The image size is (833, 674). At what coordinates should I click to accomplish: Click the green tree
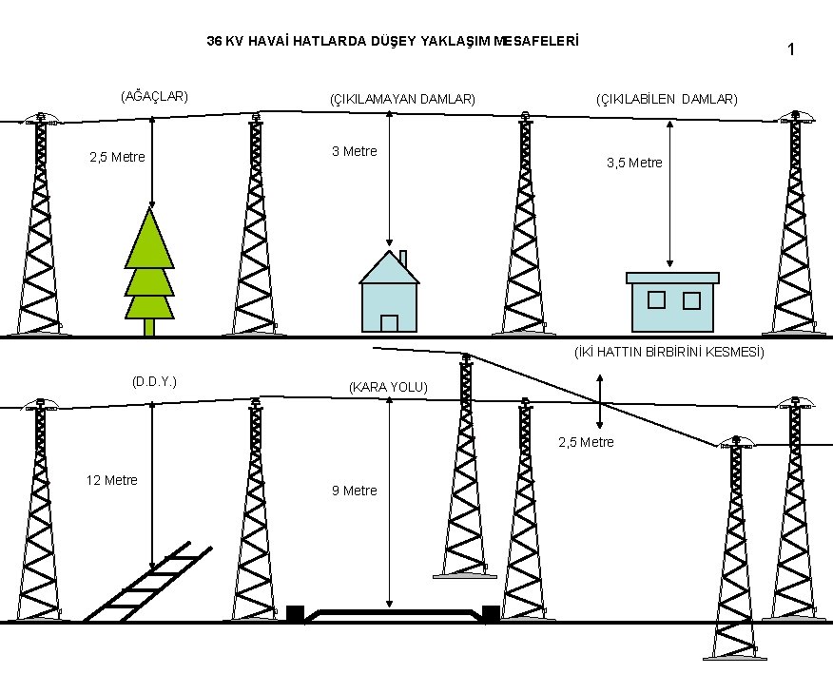coord(150,266)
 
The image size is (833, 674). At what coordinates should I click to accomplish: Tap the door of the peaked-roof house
coord(389,323)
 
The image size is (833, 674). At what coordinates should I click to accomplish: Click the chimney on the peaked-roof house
coord(403,260)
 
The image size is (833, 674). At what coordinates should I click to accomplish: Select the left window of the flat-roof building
coord(656,300)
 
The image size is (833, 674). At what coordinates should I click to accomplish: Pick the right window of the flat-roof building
coord(691,300)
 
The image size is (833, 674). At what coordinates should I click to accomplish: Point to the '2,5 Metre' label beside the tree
coord(117,157)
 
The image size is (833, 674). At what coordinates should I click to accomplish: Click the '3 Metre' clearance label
coord(354,151)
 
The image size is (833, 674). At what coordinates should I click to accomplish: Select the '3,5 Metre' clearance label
coord(634,163)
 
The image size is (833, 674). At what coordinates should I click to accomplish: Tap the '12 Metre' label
coord(111,480)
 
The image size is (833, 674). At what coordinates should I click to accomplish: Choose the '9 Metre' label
coord(354,491)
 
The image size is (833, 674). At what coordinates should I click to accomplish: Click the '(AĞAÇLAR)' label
coord(154,96)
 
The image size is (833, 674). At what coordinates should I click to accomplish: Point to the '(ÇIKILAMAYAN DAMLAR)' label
coord(402,99)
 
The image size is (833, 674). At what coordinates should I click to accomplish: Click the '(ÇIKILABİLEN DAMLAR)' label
coord(666,99)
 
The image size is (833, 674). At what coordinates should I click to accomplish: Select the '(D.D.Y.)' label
coord(155,382)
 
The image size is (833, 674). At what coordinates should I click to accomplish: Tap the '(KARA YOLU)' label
coord(389,388)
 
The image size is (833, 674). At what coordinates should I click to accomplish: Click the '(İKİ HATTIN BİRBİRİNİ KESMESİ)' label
coord(668,353)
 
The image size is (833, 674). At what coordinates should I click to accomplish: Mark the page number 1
coord(791,49)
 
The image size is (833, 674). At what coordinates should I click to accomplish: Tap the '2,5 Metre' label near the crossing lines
coord(586,442)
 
